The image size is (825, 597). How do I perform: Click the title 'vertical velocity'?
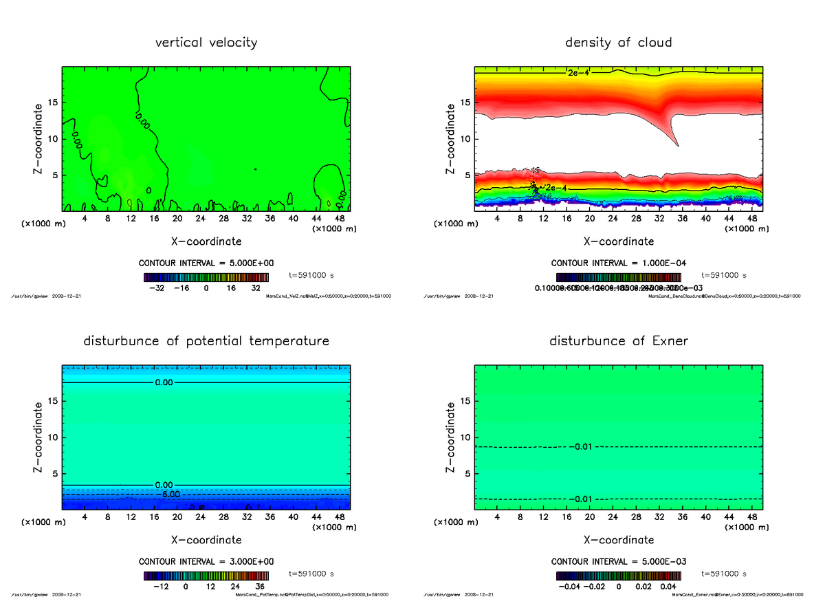(x=206, y=43)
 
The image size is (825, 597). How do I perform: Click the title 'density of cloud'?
(x=618, y=43)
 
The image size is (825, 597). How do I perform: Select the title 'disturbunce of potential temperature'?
(x=206, y=341)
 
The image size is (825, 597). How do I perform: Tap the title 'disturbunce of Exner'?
(x=618, y=341)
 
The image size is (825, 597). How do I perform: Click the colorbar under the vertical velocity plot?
(x=206, y=278)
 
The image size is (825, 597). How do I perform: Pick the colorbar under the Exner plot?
(x=618, y=576)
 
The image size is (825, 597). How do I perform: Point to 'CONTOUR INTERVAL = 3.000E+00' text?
(x=206, y=561)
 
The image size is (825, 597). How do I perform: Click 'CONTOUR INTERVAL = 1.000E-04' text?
(x=618, y=263)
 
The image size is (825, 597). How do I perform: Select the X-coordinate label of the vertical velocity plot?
(x=206, y=241)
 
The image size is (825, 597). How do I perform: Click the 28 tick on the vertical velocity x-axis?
(x=223, y=218)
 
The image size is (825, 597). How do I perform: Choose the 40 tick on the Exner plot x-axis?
(x=705, y=517)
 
